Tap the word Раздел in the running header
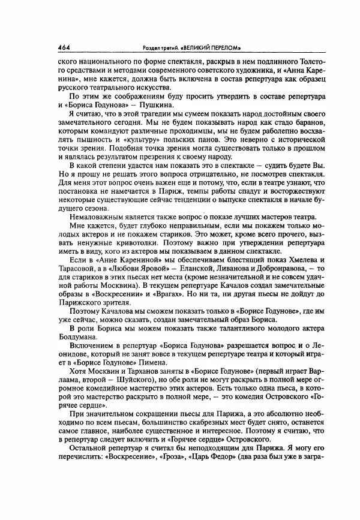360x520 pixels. tap(149, 47)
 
